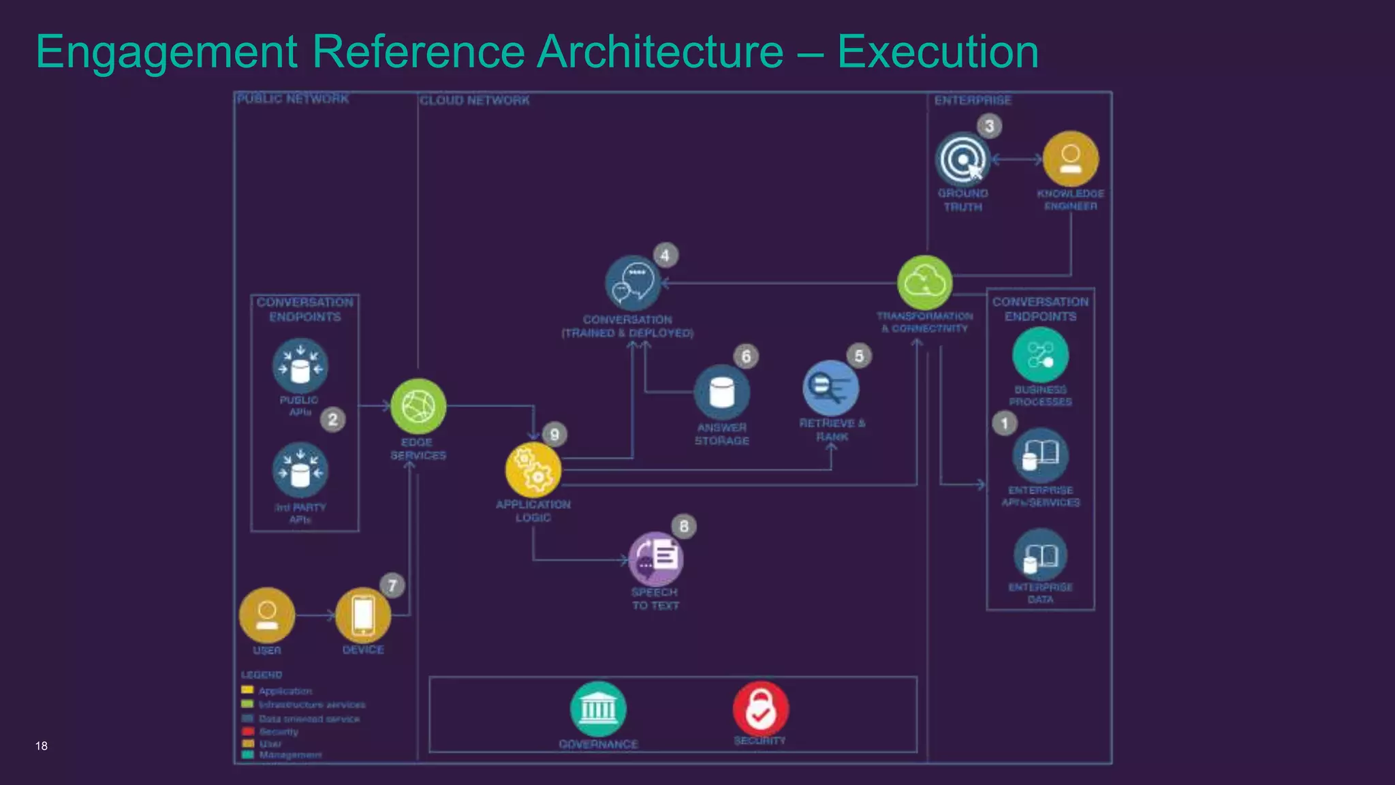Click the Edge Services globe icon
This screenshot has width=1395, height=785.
point(418,407)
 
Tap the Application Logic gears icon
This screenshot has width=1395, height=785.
point(533,470)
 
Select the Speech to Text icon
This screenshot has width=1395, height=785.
point(655,559)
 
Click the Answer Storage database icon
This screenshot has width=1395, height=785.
point(721,393)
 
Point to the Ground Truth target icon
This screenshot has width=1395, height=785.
point(962,159)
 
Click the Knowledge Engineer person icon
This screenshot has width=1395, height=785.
point(1071,159)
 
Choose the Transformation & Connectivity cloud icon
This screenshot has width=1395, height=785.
point(924,282)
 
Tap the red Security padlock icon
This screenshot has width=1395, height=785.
point(761,709)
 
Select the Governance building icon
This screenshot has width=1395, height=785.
point(598,709)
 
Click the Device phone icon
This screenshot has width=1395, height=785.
point(363,615)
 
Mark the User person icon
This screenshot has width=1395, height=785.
point(267,615)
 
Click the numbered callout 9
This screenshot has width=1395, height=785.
point(554,435)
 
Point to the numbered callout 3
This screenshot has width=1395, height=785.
point(989,125)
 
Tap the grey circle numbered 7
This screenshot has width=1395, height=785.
point(392,585)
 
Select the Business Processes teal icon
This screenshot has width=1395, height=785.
point(1040,355)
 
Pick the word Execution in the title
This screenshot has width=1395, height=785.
point(937,52)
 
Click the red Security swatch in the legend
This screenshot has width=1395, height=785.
point(248,731)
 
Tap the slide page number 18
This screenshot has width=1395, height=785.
point(42,746)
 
